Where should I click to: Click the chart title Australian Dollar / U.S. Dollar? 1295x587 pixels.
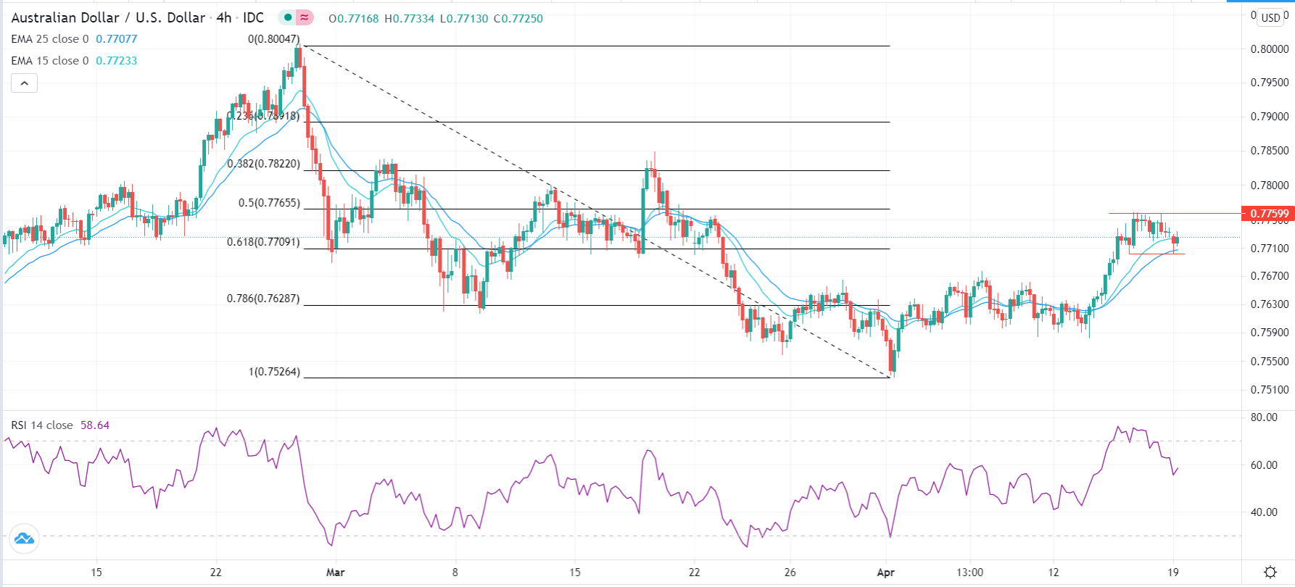[108, 17]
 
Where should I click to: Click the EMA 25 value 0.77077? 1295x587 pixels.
[116, 39]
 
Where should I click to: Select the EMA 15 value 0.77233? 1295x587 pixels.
[116, 61]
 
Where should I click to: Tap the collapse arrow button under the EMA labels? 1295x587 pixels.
[24, 83]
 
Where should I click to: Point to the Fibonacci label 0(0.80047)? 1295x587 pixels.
[273, 39]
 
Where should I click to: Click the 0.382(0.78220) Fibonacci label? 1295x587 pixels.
[263, 164]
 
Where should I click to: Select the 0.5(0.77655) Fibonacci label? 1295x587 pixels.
[269, 203]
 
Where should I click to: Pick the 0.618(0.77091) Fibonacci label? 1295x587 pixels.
[263, 242]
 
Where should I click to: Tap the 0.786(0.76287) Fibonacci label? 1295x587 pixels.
[263, 299]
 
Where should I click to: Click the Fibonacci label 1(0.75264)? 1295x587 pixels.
[274, 372]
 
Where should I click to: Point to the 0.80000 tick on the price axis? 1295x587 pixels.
[1270, 49]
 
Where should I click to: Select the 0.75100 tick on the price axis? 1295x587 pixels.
[1270, 390]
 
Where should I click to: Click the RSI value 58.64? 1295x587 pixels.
[94, 425]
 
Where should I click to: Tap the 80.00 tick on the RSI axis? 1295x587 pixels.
[1264, 417]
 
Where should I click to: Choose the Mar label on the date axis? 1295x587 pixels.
[335, 573]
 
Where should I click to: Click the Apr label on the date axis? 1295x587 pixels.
[885, 573]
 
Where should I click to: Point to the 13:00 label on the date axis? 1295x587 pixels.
[969, 573]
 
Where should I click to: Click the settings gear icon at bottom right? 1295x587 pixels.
[1270, 573]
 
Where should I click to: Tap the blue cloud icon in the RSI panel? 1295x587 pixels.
[24, 538]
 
